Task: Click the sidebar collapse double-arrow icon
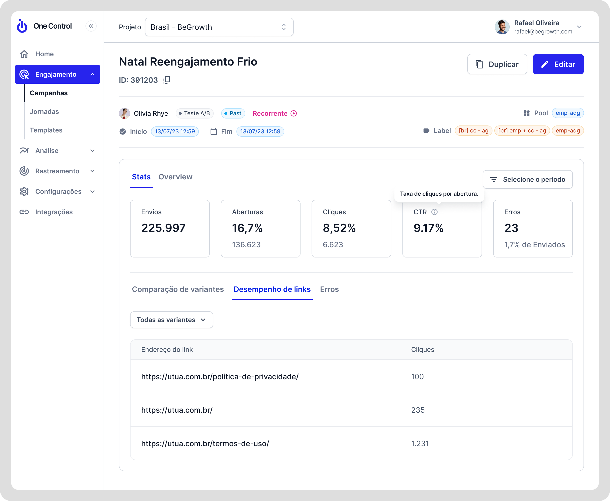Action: [91, 26]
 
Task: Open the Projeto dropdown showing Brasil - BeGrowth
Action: [219, 27]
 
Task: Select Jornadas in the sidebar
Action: [44, 112]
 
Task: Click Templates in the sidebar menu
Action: [46, 130]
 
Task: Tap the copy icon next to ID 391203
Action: [167, 80]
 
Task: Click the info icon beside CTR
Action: [434, 212]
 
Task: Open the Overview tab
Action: [175, 177]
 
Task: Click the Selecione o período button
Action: [527, 179]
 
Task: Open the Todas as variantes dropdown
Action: [171, 320]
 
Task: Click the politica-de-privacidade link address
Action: [220, 377]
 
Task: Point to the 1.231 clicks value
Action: [420, 444]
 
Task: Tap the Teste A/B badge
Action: [194, 113]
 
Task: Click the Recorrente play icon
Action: [294, 113]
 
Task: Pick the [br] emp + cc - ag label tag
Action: [522, 131]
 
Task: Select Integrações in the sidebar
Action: [54, 212]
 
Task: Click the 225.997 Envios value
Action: [163, 228]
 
